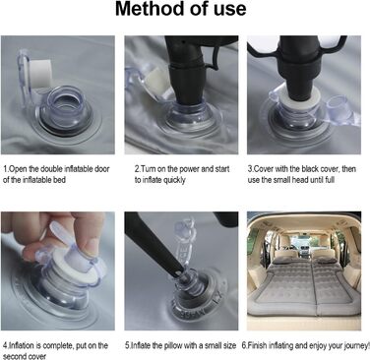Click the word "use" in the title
pyautogui.click(x=230, y=10)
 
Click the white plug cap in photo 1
pyautogui.click(x=39, y=74)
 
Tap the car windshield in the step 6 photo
pyautogui.click(x=304, y=244)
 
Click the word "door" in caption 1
pyautogui.click(x=102, y=169)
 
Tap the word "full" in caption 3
pyautogui.click(x=330, y=180)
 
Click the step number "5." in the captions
pyautogui.click(x=128, y=345)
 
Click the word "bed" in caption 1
pyautogui.click(x=59, y=180)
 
